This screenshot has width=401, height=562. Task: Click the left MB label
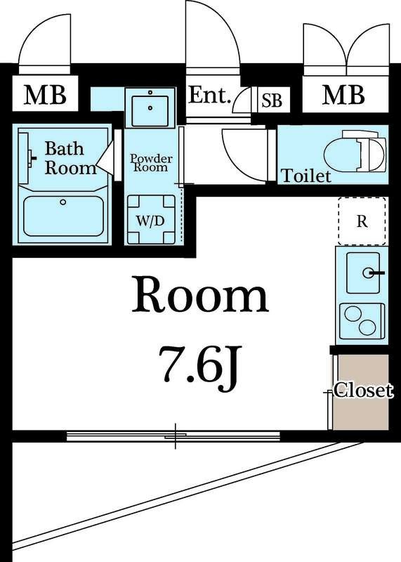[x=45, y=95]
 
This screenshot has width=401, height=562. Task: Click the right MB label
[x=343, y=95]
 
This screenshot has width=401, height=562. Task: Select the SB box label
[x=272, y=100]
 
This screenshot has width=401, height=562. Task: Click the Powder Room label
[x=151, y=163]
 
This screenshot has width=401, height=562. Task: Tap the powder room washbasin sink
[x=150, y=107]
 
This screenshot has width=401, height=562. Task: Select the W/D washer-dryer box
[x=151, y=220]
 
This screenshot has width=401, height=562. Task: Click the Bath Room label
[x=71, y=158]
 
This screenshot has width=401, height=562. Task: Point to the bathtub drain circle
[x=63, y=202]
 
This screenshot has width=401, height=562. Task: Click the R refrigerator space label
[x=362, y=222]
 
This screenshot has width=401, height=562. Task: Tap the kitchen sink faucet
[x=373, y=273]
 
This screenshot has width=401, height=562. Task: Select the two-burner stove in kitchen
[x=362, y=321]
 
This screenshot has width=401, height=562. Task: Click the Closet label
[x=363, y=390]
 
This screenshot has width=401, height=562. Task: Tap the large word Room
[x=200, y=294]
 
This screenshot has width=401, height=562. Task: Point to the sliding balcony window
[x=173, y=436]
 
